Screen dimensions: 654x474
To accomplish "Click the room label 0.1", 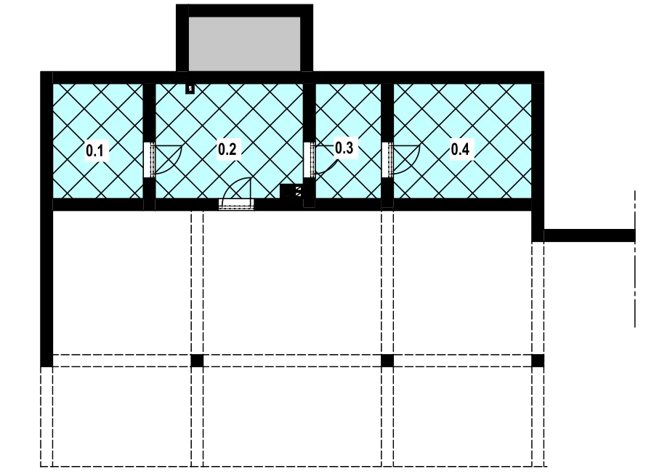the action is (x=95, y=150).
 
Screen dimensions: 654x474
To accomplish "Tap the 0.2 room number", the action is (x=227, y=149).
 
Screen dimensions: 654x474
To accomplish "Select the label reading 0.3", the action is (x=344, y=148).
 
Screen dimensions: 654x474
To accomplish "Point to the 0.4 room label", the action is (x=460, y=149).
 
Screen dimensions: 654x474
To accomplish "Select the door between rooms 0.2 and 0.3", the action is (x=320, y=159).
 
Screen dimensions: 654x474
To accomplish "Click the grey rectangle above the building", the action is (x=244, y=44).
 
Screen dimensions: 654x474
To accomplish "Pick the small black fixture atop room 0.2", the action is (x=190, y=89).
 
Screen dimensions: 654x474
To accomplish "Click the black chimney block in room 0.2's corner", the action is (x=291, y=192).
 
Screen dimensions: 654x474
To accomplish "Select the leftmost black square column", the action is (x=197, y=361).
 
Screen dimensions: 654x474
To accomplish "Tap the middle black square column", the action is (x=387, y=361).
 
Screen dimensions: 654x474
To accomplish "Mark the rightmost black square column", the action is (x=538, y=361).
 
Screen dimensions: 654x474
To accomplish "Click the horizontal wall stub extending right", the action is (x=589, y=236).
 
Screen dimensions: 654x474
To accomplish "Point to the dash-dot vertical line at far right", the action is (x=635, y=259).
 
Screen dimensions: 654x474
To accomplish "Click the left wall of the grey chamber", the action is (x=182, y=38).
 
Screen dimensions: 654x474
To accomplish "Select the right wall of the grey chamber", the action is (x=307, y=38).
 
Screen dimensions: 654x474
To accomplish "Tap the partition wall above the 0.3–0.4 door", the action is (x=387, y=113).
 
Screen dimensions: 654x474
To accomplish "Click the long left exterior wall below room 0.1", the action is (x=47, y=289).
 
